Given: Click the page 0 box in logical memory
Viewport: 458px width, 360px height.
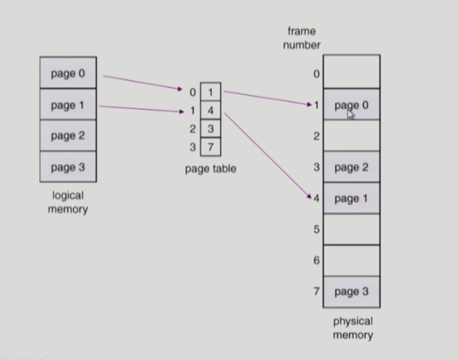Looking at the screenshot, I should click(67, 73).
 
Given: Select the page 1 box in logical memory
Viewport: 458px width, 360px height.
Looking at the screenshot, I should click(67, 104).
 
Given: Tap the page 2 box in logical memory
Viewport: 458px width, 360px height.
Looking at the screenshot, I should click(67, 136).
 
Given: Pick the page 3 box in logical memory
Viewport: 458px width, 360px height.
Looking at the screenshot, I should click(67, 167).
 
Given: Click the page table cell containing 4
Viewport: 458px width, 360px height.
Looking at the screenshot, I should click(211, 111).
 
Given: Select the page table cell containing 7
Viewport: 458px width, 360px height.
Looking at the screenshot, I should click(211, 147).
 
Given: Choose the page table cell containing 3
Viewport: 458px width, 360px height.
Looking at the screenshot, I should click(211, 129).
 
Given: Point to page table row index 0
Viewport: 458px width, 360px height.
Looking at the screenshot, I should click(192, 92).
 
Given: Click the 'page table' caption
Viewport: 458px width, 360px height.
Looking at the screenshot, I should click(211, 169).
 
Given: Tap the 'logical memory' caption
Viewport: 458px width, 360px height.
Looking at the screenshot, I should click(67, 202).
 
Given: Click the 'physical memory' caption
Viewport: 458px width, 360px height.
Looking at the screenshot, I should click(352, 328).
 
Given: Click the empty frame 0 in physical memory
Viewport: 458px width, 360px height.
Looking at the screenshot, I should click(351, 72).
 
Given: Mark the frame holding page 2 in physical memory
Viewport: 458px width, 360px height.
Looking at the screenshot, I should click(351, 167).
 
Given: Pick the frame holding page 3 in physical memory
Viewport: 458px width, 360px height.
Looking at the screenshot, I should click(351, 292).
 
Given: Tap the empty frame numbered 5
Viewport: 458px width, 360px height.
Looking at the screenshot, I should click(351, 229).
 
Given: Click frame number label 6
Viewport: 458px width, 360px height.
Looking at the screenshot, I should click(316, 261).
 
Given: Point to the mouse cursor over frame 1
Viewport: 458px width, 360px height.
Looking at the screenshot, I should click(350, 114).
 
